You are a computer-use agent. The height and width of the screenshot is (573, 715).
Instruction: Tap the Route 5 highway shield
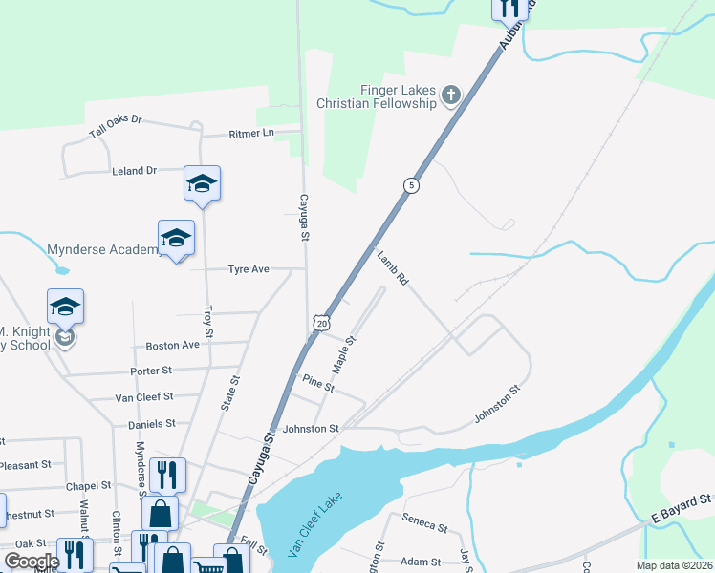[410, 185]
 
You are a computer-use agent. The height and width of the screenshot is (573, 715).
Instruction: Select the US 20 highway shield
[320, 324]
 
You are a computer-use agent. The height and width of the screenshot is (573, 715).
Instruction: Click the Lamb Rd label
[392, 268]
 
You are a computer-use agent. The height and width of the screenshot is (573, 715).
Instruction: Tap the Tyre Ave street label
[248, 269]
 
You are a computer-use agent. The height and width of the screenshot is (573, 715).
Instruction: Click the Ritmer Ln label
[250, 134]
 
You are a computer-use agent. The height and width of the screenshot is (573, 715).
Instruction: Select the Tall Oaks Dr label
[115, 127]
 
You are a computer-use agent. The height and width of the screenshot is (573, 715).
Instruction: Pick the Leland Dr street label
[134, 171]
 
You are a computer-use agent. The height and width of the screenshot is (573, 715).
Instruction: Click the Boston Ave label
[172, 345]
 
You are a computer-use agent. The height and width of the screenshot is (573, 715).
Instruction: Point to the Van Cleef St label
[143, 396]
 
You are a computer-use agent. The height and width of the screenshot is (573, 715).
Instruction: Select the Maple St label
[343, 354]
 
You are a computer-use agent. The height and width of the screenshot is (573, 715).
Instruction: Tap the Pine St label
[317, 384]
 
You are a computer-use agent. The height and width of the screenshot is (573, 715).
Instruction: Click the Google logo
[31, 562]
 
